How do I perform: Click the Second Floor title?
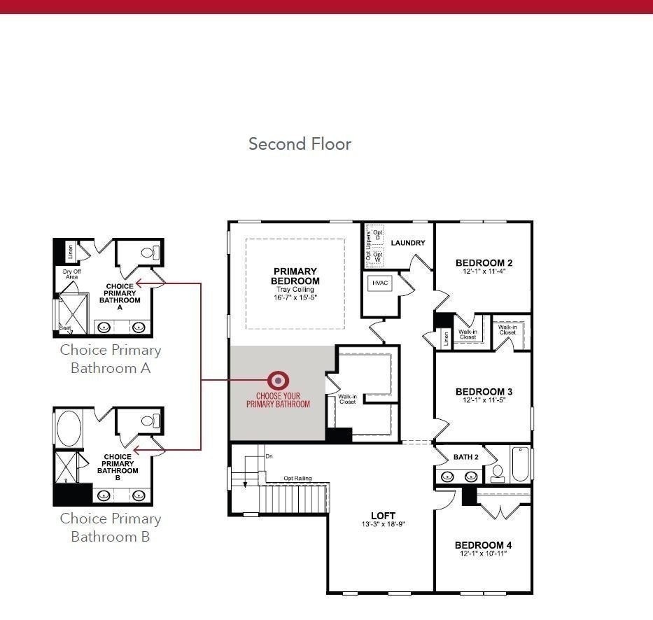point(300,144)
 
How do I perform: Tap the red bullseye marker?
point(279,380)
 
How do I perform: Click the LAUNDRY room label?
point(408,244)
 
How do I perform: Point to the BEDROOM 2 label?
point(484,263)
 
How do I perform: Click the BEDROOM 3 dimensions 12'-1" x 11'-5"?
point(484,400)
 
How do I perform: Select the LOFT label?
point(383,516)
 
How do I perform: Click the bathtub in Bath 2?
point(519,464)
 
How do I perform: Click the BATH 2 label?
point(465,457)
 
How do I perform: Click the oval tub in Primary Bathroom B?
point(68,426)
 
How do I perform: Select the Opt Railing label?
point(297,479)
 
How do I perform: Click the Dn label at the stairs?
point(269,456)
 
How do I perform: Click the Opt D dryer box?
point(378,235)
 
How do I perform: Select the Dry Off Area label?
point(70,274)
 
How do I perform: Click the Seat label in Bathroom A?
point(65,327)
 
